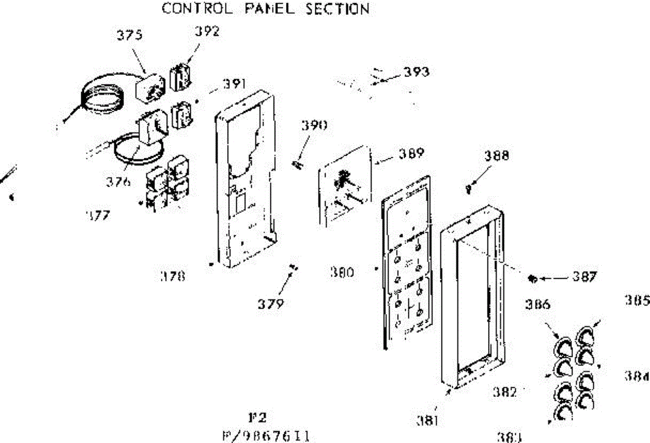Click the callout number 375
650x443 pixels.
pyautogui.click(x=130, y=35)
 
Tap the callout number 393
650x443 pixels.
pyautogui.click(x=416, y=72)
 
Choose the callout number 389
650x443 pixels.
pyautogui.click(x=411, y=153)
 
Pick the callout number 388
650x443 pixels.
pyautogui.click(x=497, y=156)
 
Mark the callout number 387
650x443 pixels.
pyautogui.click(x=584, y=277)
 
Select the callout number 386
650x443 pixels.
pyautogui.click(x=537, y=304)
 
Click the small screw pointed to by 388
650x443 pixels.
pyautogui.click(x=468, y=188)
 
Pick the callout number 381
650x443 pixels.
pyautogui.click(x=428, y=420)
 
